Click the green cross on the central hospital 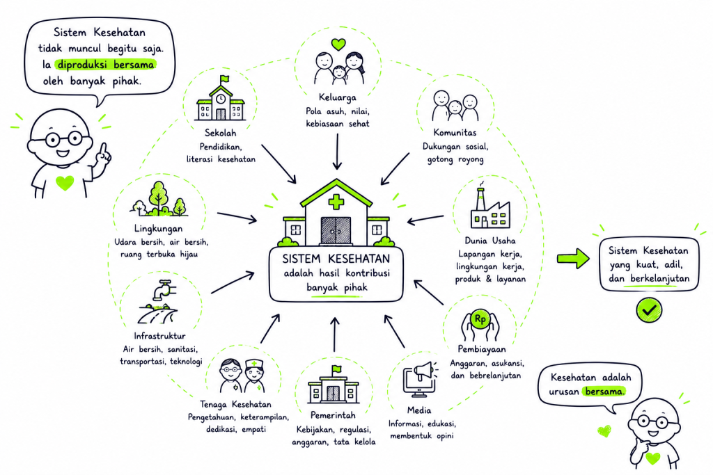[x=336, y=202]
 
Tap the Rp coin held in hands [x=480, y=319]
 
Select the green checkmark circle [x=649, y=310]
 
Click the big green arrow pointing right [x=574, y=259]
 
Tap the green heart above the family [x=338, y=44]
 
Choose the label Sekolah [x=221, y=133]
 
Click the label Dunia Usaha [x=489, y=240]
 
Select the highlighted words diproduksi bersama [x=106, y=65]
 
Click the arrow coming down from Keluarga [x=337, y=151]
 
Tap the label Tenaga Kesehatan [x=235, y=403]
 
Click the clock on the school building [x=221, y=99]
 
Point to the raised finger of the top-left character [x=104, y=150]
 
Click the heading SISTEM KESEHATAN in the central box [x=336, y=259]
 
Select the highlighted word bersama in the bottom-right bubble [x=604, y=391]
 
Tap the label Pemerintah [x=333, y=414]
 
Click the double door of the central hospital [x=336, y=231]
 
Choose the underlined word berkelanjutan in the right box [x=657, y=278]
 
